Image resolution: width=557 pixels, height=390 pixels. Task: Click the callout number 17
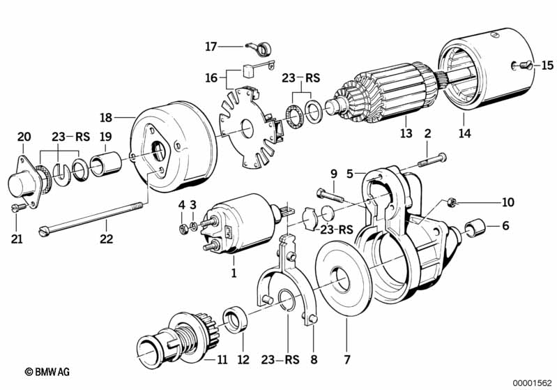pos(211,47)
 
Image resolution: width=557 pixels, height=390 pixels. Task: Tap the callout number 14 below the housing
pos(465,134)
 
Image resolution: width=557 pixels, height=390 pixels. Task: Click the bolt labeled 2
pos(432,160)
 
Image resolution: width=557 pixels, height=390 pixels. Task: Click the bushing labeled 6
pos(475,228)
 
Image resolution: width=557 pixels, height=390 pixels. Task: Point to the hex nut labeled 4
pos(183,230)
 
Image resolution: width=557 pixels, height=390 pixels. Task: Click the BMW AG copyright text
pos(47,372)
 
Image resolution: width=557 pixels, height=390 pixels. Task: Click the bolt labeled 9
pos(330,195)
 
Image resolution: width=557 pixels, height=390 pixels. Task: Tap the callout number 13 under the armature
pos(406,133)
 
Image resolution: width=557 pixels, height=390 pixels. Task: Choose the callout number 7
pos(347,359)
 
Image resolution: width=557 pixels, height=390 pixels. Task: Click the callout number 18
pos(106,117)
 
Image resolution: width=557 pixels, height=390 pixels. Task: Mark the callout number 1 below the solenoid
pos(234,273)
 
